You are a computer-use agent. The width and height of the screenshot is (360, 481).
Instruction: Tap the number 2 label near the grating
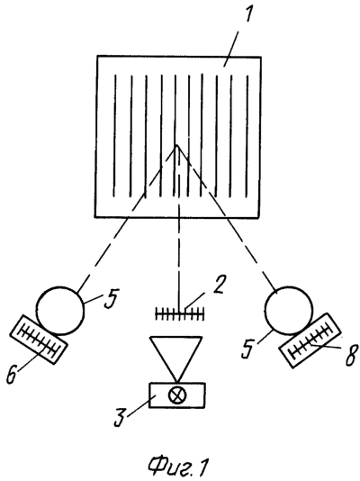tap(218, 286)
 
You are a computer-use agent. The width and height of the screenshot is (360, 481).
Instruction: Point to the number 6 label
tap(13, 373)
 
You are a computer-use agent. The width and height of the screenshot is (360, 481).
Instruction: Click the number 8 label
tap(352, 354)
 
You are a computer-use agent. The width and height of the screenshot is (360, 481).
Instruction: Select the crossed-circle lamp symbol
tap(177, 395)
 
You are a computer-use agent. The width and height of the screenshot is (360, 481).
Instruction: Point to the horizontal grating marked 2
tap(179, 313)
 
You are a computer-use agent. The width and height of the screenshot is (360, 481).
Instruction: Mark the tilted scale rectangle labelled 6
tap(39, 340)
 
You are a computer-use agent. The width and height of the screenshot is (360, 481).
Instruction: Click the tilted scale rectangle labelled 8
tap(310, 340)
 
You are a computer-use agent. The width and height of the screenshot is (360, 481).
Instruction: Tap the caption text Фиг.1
tap(178, 467)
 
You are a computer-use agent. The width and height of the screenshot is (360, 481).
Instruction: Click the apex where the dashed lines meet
tap(176, 145)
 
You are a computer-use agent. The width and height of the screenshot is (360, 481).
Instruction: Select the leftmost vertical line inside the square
tap(115, 136)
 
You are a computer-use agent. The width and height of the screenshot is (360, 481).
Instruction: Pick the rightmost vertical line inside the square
tap(247, 136)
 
